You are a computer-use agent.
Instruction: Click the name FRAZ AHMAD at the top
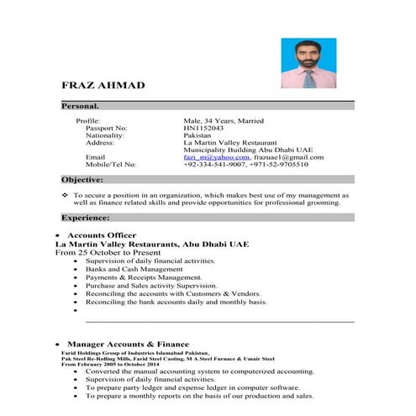point(103,86)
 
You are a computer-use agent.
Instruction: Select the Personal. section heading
point(81,107)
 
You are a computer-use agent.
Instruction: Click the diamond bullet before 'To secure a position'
point(66,195)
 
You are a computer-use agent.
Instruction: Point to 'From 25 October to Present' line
point(111,252)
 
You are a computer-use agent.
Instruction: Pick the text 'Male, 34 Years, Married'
point(224,121)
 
